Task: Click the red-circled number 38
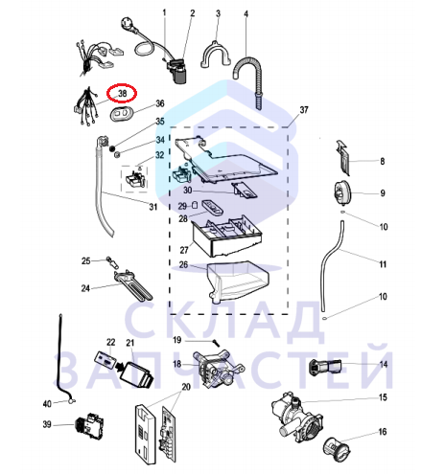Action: point(123,94)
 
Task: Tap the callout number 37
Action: point(304,110)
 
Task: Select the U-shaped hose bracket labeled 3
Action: point(216,55)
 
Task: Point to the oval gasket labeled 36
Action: point(122,113)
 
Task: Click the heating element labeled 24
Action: point(133,284)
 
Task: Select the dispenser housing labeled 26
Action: point(238,281)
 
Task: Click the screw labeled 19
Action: point(216,343)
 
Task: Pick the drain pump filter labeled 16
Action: point(337,449)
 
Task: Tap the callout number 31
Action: point(153,207)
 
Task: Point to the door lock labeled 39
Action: point(89,423)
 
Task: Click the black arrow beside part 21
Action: point(120,368)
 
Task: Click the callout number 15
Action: point(383,397)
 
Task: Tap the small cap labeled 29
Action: point(195,204)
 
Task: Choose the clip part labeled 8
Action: point(342,157)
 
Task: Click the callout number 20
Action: point(186,387)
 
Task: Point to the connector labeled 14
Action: point(325,367)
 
